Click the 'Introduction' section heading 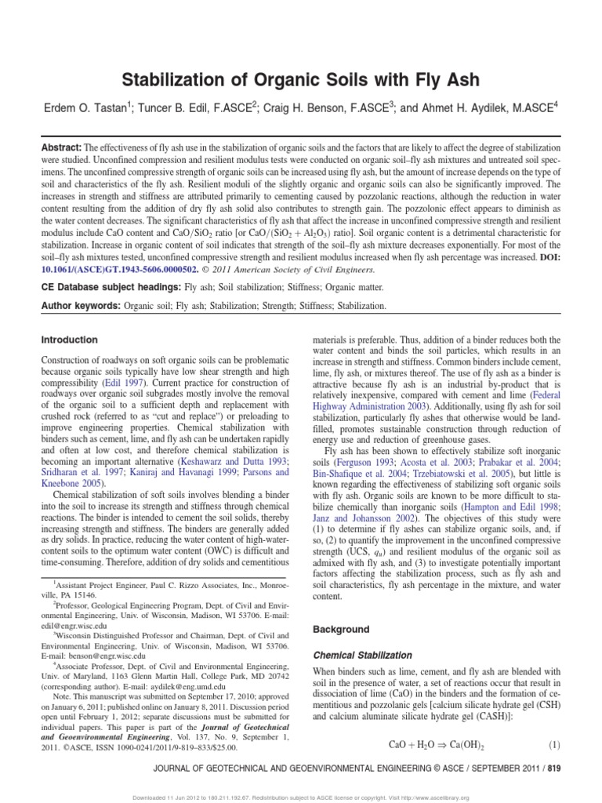tap(69, 340)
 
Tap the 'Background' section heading tap(341, 630)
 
